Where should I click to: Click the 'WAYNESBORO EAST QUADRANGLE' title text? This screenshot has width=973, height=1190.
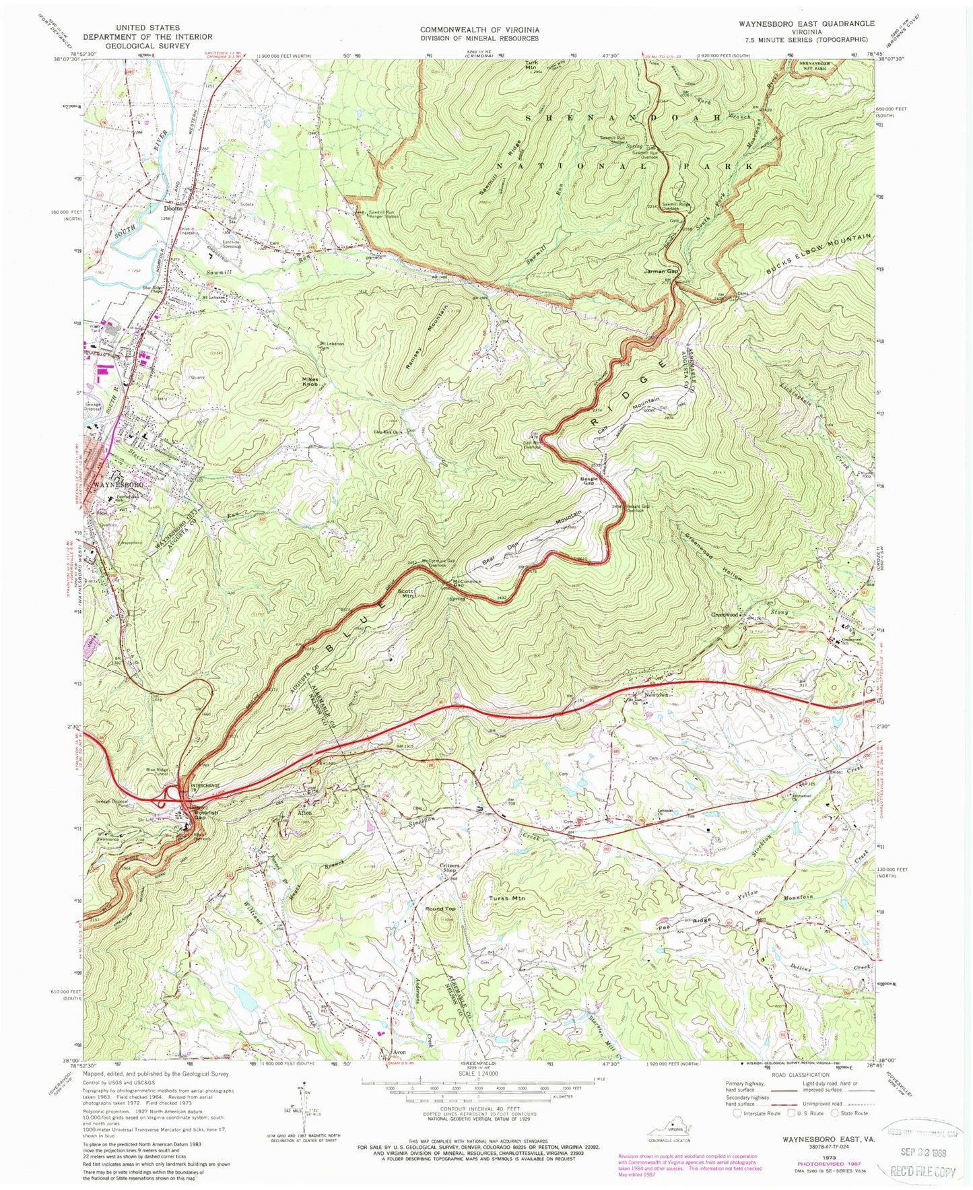coord(797,23)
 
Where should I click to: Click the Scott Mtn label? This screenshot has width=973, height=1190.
coord(407,593)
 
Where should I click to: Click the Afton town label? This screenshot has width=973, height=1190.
coord(304,813)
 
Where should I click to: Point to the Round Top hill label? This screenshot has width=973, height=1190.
coord(440,908)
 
